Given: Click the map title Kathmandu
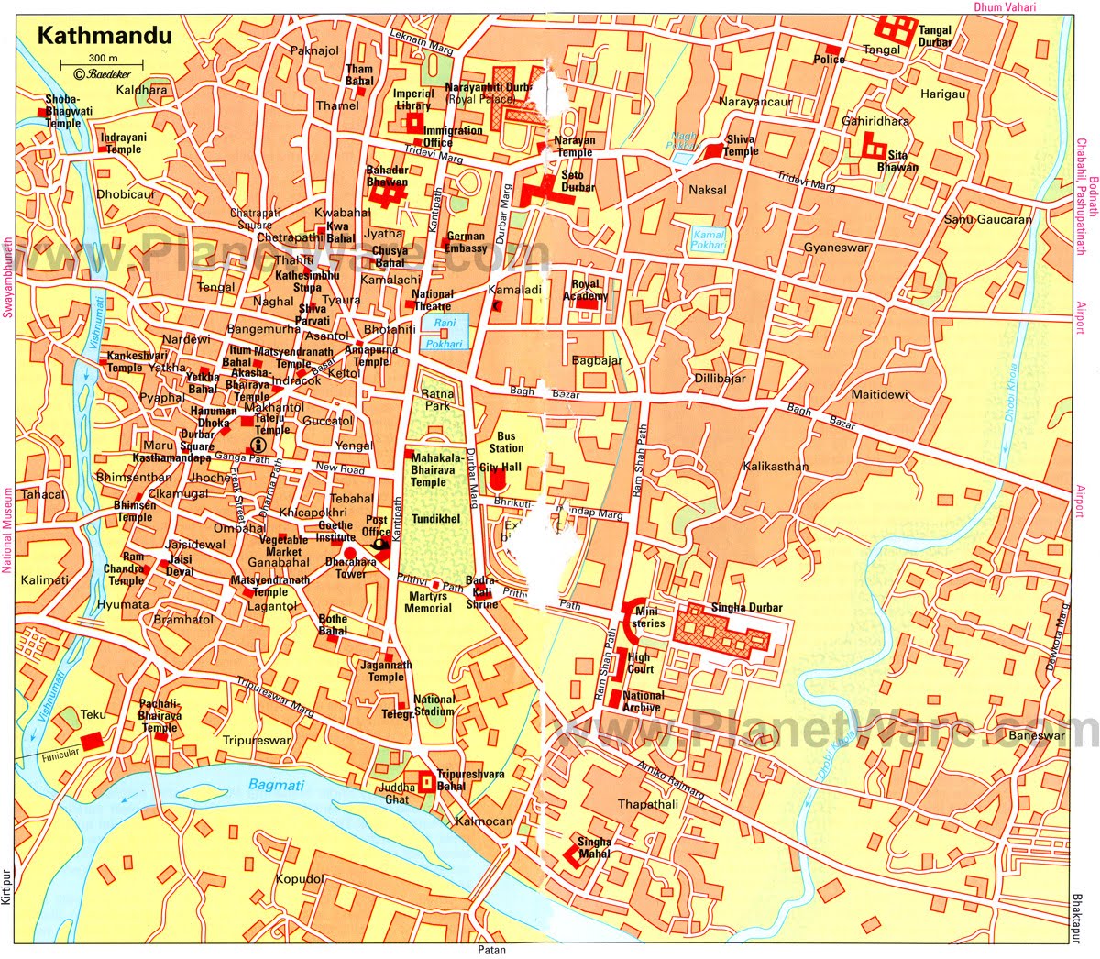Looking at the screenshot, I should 91,37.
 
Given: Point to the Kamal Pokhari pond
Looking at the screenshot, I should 708,240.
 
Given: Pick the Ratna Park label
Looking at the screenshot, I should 436,400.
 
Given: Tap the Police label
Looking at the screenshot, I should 829,60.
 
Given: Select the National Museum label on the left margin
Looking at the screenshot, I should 7,530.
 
